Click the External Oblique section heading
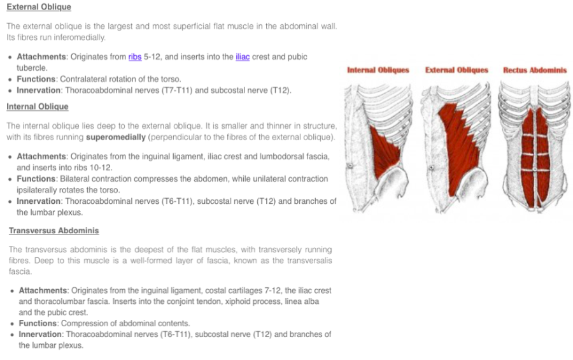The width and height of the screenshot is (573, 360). point(38,7)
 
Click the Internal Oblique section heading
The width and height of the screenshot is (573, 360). point(37,106)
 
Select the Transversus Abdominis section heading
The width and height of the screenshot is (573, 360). point(53,231)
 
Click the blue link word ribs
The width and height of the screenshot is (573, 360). point(135,57)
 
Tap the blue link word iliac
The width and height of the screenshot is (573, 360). point(243,57)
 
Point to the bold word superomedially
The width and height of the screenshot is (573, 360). point(116,137)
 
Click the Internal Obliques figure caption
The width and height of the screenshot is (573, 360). point(378,70)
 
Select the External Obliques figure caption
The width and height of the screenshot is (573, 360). point(456,70)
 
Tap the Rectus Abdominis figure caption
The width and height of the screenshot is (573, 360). point(534,70)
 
